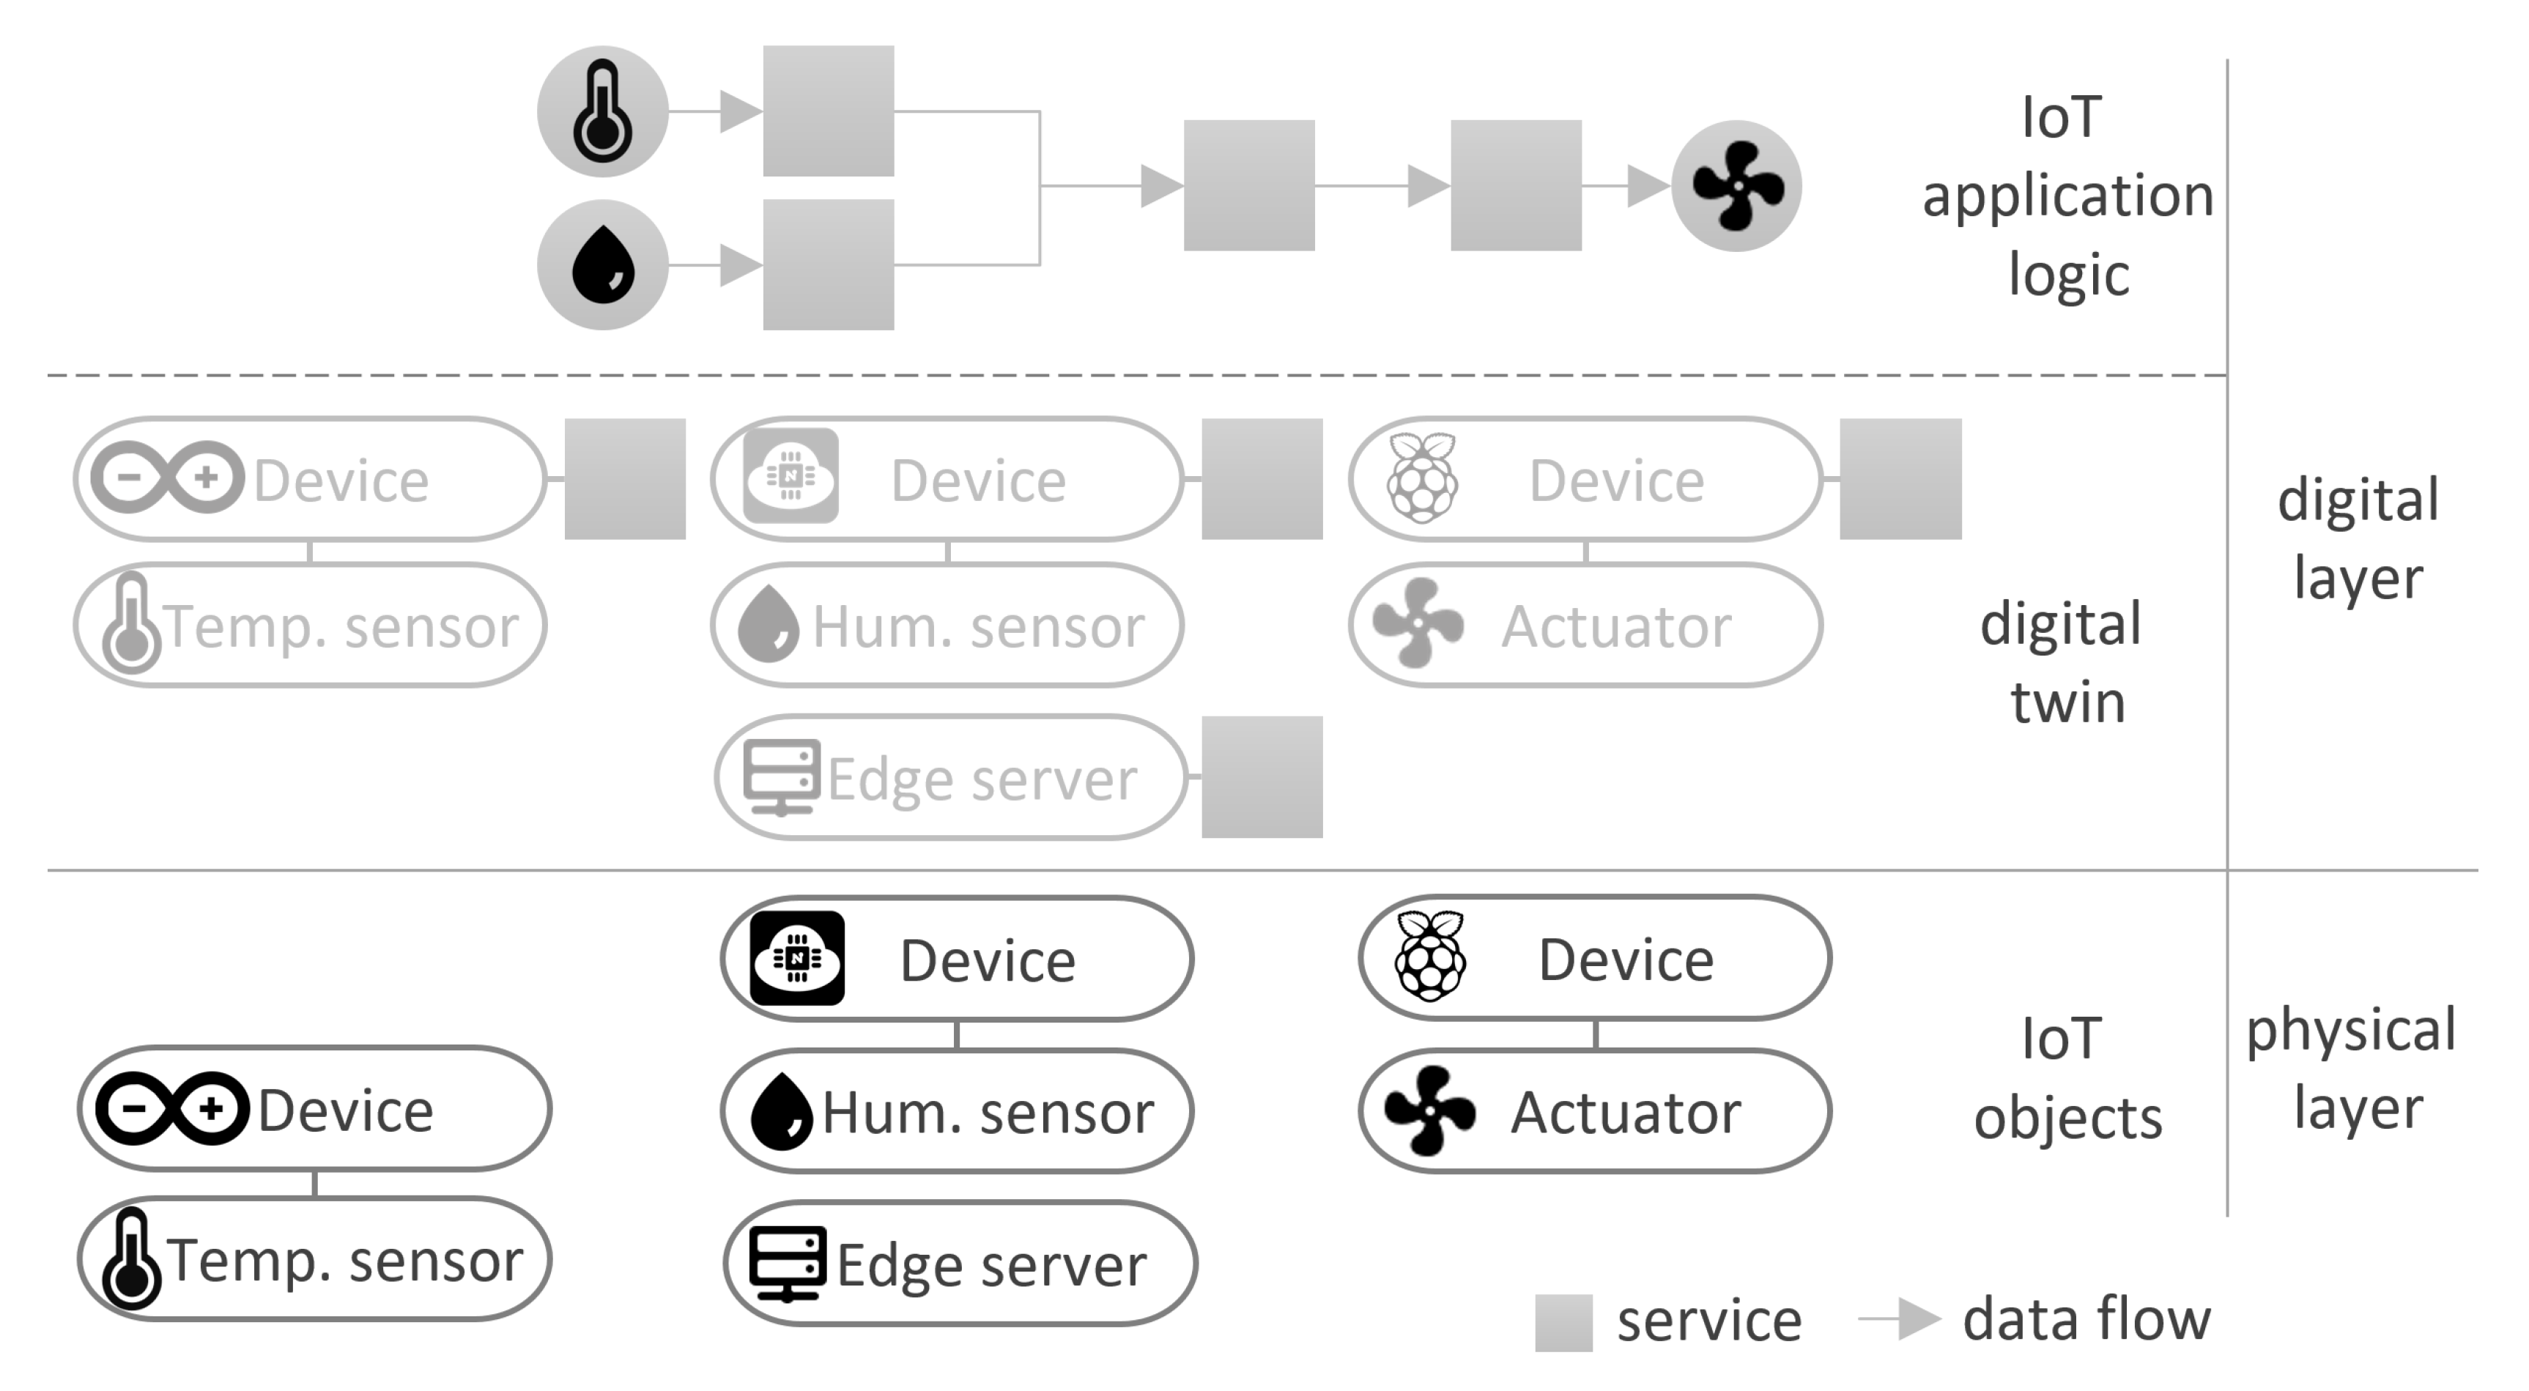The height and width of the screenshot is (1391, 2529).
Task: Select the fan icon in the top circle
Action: [1737, 185]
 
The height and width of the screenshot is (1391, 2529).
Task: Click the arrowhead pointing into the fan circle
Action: [1648, 185]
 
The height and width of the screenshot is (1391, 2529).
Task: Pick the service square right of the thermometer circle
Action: [828, 111]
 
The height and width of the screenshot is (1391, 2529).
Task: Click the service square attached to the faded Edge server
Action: [1262, 776]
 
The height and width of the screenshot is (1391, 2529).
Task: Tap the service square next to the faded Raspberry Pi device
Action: [1900, 479]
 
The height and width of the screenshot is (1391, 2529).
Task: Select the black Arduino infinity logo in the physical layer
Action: [172, 1108]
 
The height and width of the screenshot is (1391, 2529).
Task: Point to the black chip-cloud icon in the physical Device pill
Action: [796, 957]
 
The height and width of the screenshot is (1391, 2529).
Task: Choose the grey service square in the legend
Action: [1563, 1322]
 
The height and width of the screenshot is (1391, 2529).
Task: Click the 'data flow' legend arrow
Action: [1900, 1319]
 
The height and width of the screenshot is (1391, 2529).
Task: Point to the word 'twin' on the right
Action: [2067, 703]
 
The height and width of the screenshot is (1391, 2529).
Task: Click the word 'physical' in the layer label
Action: [2350, 1031]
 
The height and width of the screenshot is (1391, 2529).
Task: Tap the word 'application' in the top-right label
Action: [2067, 196]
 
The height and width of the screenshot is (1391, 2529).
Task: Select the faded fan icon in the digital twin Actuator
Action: [1418, 623]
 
